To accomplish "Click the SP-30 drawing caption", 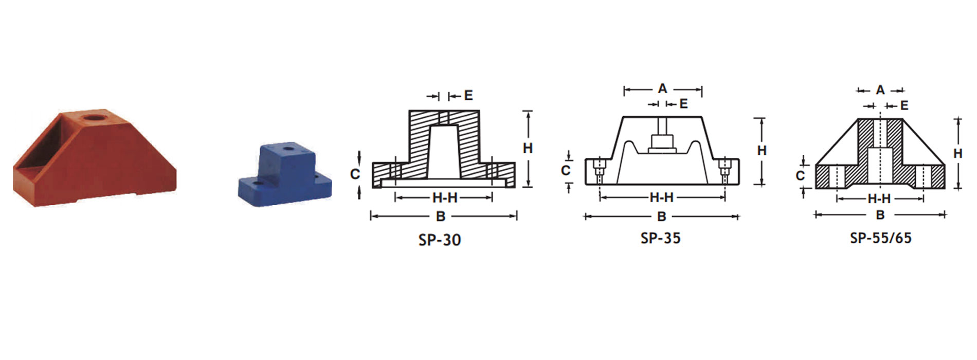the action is click(x=440, y=240).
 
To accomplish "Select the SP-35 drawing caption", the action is click(x=661, y=238).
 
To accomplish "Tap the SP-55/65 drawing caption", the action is click(x=881, y=238).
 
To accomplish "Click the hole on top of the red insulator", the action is click(x=94, y=118).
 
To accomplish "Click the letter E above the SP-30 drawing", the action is click(x=468, y=95).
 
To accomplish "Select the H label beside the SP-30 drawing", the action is click(x=528, y=148).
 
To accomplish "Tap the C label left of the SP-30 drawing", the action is click(x=355, y=174).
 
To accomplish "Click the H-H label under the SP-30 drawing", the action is click(x=445, y=197).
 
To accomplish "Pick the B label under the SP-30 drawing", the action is click(x=441, y=217).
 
